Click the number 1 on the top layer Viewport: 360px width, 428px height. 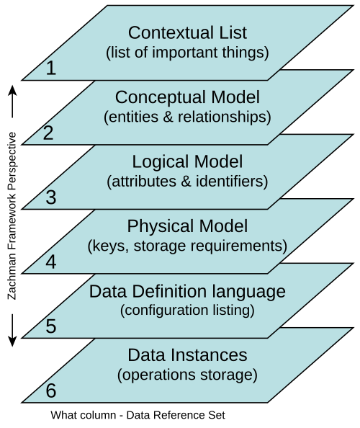pos(51,68)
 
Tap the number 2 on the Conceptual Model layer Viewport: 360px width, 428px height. pos(48,133)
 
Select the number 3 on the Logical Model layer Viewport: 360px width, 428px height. pos(51,197)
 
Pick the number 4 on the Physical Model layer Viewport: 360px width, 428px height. pos(51,262)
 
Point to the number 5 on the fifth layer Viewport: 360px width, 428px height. pos(51,326)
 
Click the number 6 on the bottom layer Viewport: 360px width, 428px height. pos(51,391)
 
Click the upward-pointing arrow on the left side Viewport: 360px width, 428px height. pos(12,102)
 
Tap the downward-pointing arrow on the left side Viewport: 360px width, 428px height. pos(12,330)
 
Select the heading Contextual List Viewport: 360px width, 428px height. pos(187,32)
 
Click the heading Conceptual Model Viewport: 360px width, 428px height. pos(187,97)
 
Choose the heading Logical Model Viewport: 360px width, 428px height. pos(187,161)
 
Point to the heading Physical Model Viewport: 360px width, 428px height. pos(187,226)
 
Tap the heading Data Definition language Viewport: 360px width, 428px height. pos(187,291)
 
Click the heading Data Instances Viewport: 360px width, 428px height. pos(187,355)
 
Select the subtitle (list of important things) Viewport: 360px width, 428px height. pos(187,53)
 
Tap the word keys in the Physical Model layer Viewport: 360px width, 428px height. pos(108,246)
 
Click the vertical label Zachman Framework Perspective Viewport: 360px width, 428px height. pos(12,216)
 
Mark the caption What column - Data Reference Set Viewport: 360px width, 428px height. pos(138,415)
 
